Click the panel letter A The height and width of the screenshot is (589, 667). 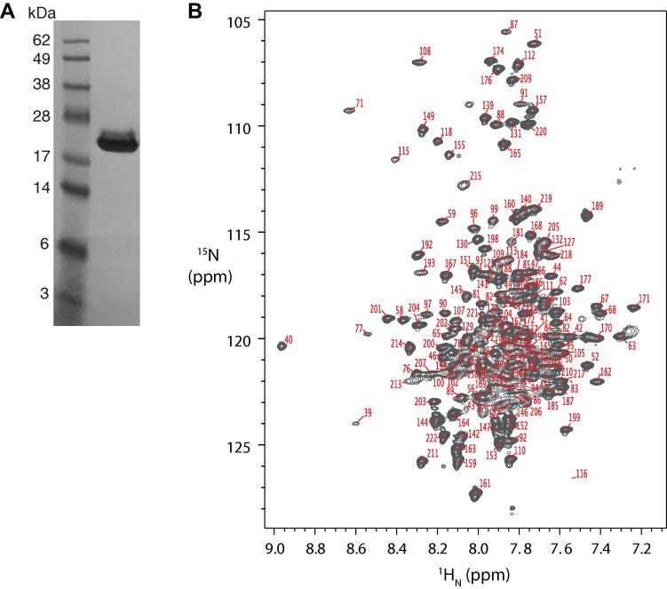[8, 11]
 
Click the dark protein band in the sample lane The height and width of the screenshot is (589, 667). [117, 142]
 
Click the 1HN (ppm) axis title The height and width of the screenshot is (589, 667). [465, 575]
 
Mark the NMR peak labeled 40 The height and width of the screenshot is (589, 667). [282, 346]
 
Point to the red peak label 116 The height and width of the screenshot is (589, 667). [582, 474]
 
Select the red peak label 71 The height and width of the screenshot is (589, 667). [359, 104]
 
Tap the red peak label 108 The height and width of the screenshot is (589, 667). [425, 52]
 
